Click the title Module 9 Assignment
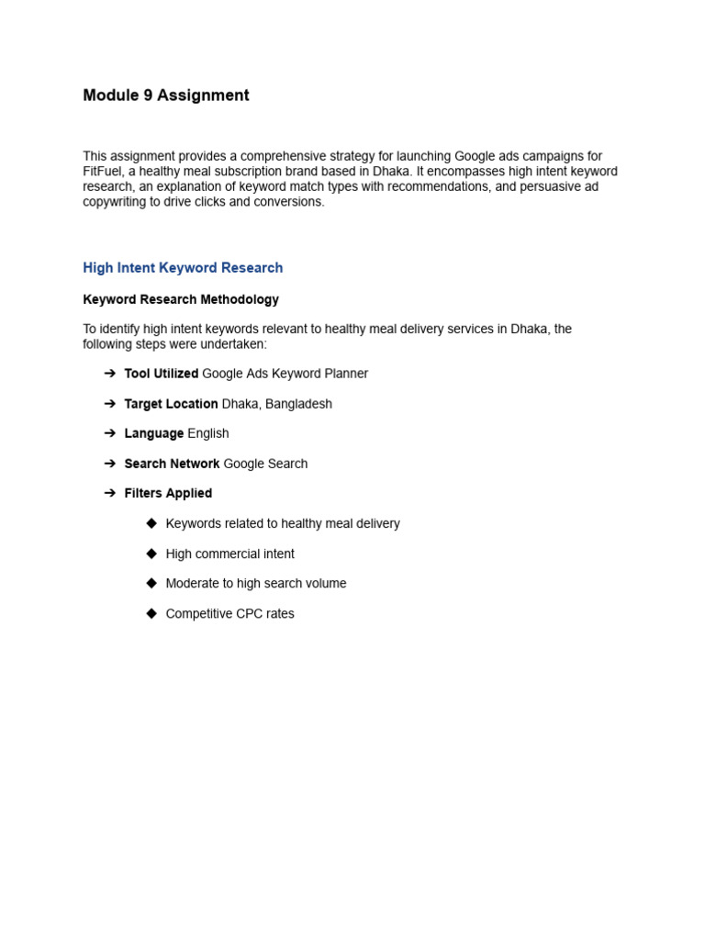[166, 95]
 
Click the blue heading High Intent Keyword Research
[183, 268]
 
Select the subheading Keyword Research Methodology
[181, 299]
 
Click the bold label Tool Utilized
[162, 374]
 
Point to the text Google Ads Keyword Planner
[285, 374]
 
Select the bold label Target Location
[171, 404]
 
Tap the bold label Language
[154, 433]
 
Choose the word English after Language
[208, 433]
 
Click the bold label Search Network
[172, 464]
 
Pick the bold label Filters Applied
[168, 493]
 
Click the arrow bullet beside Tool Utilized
[110, 374]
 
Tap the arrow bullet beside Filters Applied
[110, 493]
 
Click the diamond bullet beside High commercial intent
[151, 554]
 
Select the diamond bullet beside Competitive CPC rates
[151, 613]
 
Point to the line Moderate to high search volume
[256, 583]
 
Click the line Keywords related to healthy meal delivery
[283, 523]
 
